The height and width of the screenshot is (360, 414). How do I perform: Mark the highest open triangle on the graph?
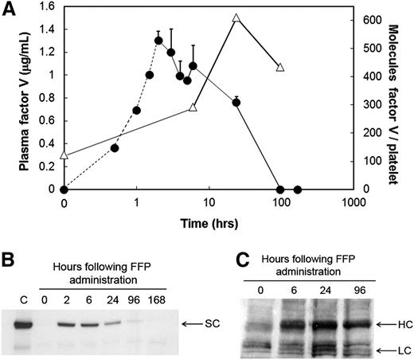click(236, 18)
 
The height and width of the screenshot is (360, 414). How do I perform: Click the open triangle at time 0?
click(64, 155)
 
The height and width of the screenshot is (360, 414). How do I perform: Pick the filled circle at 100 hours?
click(280, 190)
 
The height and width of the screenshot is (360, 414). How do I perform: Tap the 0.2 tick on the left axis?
click(49, 166)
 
